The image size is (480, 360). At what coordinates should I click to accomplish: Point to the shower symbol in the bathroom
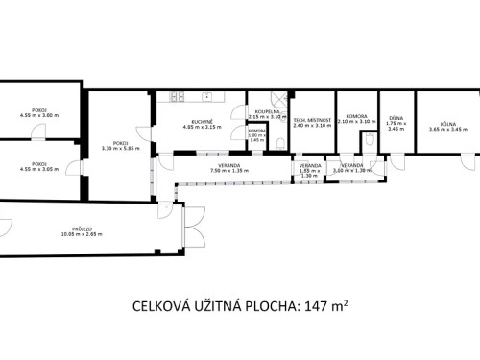coord(277,98)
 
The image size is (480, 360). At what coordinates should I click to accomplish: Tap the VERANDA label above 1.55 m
coord(308,165)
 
